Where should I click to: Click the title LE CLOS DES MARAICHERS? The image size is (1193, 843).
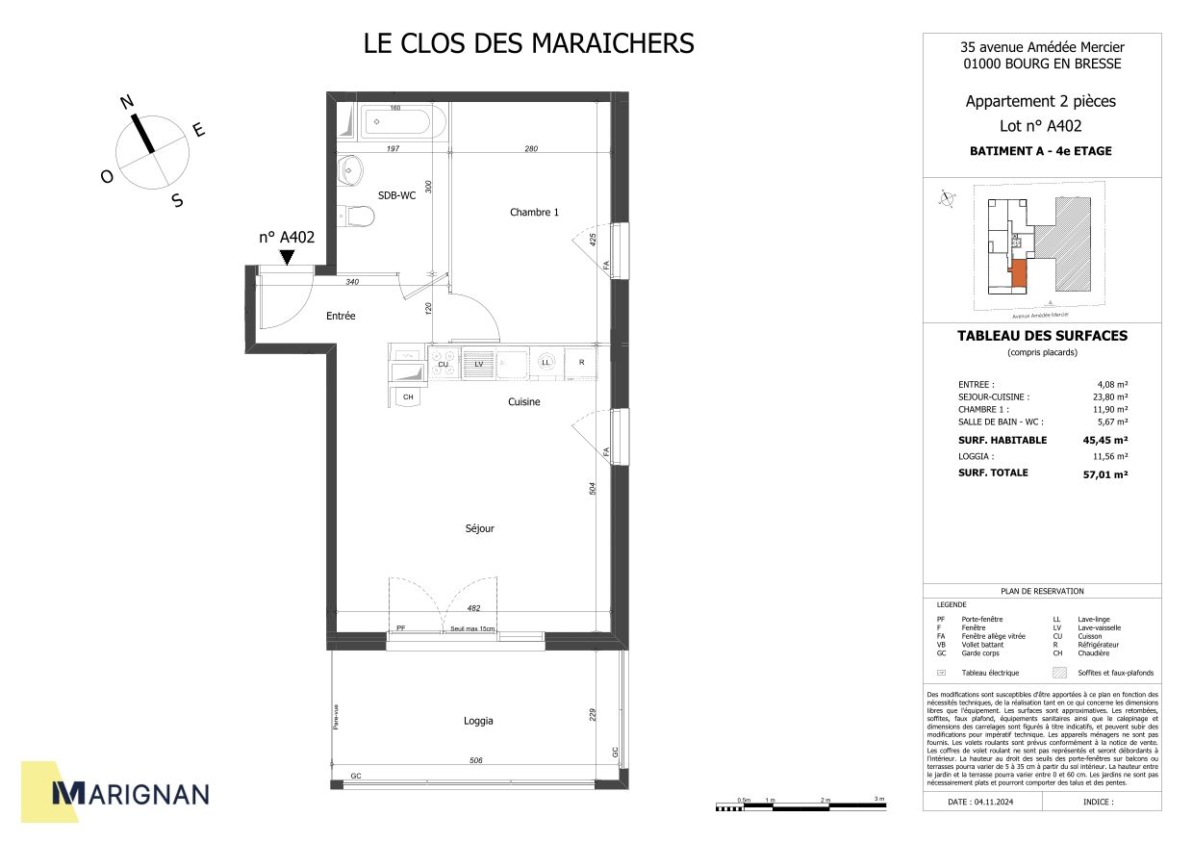point(528,44)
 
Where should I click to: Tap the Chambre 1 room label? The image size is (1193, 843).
point(534,213)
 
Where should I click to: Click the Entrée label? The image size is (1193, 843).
point(341,316)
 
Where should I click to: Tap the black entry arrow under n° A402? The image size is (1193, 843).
point(287,256)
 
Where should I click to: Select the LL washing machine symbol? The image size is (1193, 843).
point(546,363)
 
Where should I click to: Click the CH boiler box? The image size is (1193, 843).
point(408,396)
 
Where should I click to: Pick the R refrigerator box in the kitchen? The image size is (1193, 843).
point(581,363)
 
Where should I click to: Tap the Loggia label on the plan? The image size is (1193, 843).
point(478,720)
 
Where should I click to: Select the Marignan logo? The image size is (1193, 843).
point(130,793)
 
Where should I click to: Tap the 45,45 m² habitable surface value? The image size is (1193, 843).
point(1105,440)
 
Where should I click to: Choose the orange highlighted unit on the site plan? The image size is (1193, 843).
point(1019,274)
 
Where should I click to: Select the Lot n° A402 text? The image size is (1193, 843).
point(1041,125)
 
